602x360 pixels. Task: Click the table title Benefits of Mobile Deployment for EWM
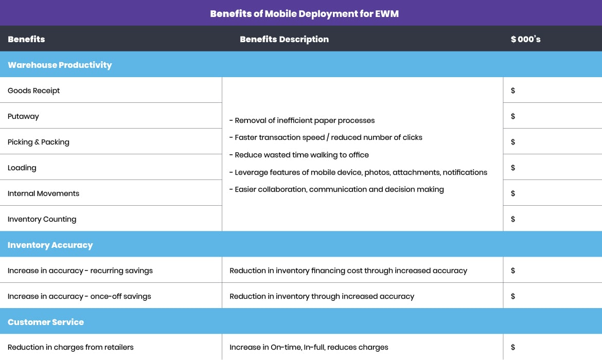pos(304,14)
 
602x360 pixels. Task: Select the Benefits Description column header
pos(284,39)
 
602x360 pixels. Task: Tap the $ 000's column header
pos(525,39)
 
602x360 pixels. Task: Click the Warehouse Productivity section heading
pos(60,65)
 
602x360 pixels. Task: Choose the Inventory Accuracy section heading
pos(50,245)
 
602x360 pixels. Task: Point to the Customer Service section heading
pos(46,322)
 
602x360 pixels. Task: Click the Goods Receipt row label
pos(34,91)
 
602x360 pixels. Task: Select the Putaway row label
pos(23,116)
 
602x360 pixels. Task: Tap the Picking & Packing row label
pos(39,142)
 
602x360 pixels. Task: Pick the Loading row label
pos(22,168)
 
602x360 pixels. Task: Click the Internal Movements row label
pos(44,193)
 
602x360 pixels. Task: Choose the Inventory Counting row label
pos(42,219)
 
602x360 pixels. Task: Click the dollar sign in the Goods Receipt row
pos(513,91)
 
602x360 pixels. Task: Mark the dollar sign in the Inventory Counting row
pos(513,219)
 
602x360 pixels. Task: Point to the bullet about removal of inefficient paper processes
pos(302,120)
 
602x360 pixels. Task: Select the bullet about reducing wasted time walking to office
pos(299,155)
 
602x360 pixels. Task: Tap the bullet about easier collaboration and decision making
pos(337,189)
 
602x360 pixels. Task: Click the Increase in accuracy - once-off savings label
pos(79,296)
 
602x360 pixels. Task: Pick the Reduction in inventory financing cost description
pos(348,271)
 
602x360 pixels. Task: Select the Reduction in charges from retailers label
pos(70,347)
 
